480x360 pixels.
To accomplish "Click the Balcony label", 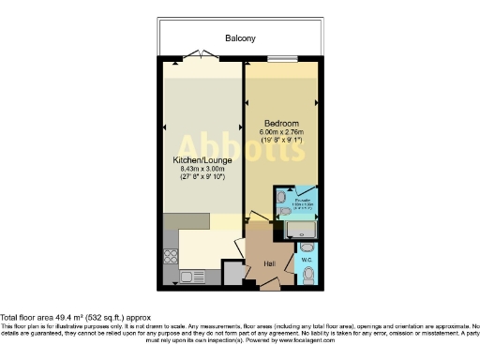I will [240, 38].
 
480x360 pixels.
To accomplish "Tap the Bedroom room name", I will [281, 124].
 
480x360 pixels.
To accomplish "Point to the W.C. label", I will [307, 260].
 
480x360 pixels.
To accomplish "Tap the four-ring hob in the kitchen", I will [170, 254].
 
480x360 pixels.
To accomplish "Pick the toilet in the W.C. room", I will [309, 275].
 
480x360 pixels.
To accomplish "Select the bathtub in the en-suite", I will [301, 228].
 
